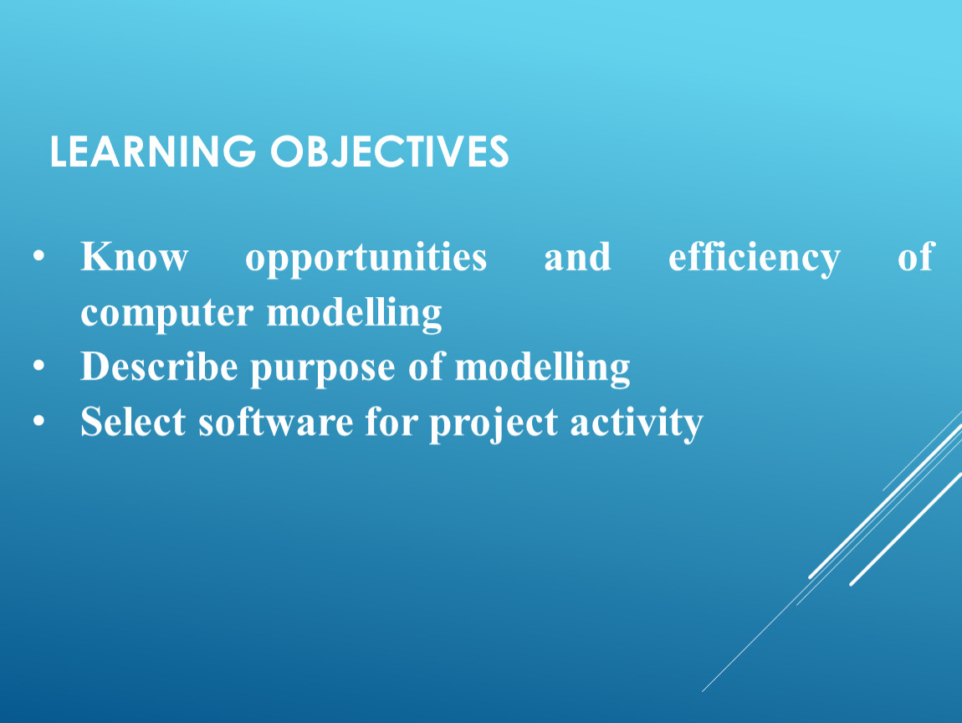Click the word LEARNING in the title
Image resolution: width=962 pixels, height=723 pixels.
tap(153, 151)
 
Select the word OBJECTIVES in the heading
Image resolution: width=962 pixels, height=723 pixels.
tap(390, 151)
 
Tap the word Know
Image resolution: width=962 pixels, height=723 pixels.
tap(135, 257)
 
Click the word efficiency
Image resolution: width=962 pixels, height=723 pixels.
tap(755, 258)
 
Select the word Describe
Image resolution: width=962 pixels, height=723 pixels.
tap(159, 367)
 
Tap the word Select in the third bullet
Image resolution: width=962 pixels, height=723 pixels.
tap(133, 422)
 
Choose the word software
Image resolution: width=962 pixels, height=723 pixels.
tap(275, 422)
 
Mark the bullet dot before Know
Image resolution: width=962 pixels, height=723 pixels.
tap(39, 255)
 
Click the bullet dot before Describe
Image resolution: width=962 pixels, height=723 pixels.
tap(39, 366)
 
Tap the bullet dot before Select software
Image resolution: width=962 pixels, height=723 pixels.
tap(39, 421)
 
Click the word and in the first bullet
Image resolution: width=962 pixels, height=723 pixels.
tap(578, 257)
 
